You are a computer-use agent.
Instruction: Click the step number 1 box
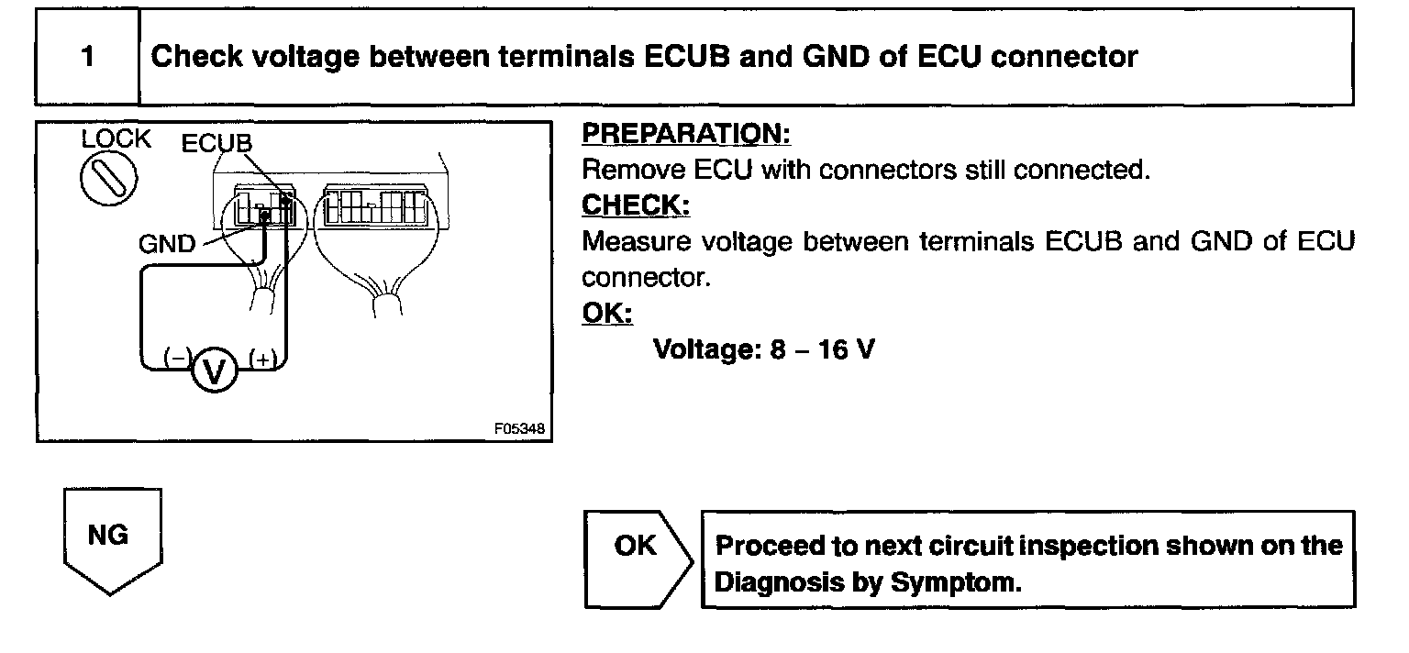point(87,57)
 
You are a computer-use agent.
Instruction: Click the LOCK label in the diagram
point(116,139)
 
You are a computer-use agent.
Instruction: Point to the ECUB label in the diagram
point(216,144)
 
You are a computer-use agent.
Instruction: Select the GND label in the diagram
point(167,244)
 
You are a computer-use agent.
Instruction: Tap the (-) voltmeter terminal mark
point(175,359)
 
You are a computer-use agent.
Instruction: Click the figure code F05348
point(518,427)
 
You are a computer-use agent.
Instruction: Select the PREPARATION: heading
point(686,134)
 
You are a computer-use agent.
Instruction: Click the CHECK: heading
point(636,206)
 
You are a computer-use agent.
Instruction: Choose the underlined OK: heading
point(607,314)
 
